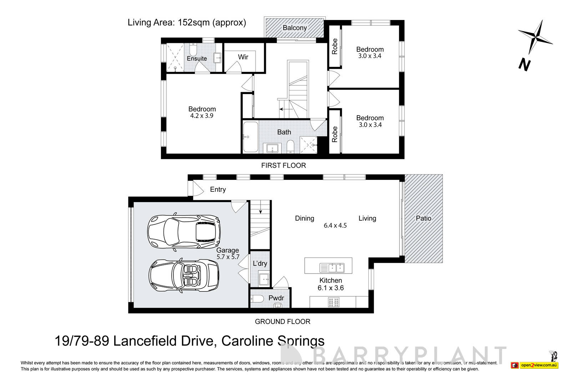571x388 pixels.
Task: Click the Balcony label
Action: pos(294,28)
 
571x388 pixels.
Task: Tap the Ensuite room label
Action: pos(197,58)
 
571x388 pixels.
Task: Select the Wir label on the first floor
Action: pos(243,57)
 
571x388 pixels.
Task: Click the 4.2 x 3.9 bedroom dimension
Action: pos(202,116)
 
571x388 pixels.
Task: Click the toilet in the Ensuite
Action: pos(193,49)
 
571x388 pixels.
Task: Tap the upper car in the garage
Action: pos(184,231)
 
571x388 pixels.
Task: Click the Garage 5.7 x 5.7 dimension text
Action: pos(228,257)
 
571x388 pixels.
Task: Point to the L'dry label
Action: pos(260,264)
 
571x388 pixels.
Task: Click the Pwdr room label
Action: pos(276,298)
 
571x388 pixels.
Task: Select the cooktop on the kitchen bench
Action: pos(332,303)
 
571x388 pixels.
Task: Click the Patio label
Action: pos(424,218)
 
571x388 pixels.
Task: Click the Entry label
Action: pos(218,190)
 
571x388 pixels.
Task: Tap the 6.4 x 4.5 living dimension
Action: pos(335,225)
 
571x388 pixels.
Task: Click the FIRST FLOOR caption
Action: pos(283,165)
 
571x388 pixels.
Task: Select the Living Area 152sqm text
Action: pos(187,23)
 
